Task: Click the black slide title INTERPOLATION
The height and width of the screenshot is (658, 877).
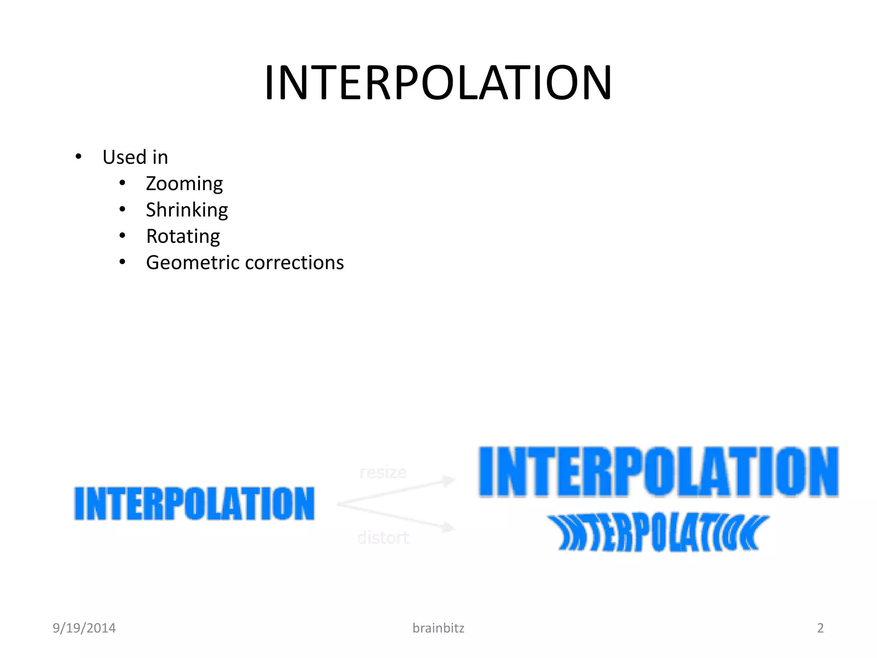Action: [438, 83]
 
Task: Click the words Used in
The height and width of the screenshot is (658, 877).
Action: [135, 157]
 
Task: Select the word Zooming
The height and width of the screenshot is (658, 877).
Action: [184, 184]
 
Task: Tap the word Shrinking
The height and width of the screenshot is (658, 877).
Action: [187, 210]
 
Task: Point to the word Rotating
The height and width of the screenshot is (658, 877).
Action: [183, 236]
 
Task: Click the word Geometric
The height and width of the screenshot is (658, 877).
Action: [192, 263]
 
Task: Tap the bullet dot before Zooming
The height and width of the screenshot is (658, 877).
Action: [122, 183]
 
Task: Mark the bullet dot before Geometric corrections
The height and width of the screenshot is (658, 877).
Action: [122, 262]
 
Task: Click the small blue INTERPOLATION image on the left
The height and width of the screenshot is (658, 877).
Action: [194, 503]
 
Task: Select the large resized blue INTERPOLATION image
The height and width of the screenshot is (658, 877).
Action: [658, 472]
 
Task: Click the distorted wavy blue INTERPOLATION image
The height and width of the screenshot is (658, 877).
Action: [658, 533]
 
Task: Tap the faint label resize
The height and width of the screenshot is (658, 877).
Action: [383, 473]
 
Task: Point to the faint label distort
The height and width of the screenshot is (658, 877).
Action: [383, 538]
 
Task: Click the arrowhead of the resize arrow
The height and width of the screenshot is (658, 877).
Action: [449, 481]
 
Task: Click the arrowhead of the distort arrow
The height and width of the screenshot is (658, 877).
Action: [449, 527]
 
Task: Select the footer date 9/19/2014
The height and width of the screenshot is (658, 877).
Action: [84, 628]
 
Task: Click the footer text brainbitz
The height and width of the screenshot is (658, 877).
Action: [438, 628]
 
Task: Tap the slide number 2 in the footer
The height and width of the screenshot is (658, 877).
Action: [820, 628]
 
